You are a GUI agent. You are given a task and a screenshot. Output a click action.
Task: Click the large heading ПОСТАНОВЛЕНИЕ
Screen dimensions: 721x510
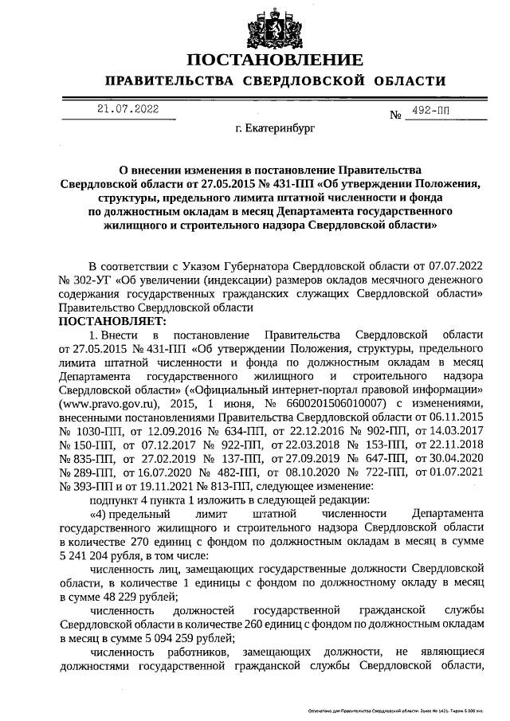click(275, 61)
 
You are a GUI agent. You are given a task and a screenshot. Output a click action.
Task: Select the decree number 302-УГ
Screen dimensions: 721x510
click(90, 280)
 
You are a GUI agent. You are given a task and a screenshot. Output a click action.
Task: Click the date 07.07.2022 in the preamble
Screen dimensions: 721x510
click(454, 266)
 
